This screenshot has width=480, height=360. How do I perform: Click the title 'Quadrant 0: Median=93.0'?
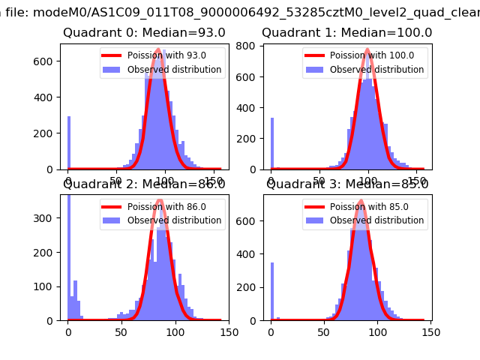click(144, 33)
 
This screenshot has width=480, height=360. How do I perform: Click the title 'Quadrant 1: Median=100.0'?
click(346, 33)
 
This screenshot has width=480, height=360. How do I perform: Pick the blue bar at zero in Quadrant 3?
click(271, 291)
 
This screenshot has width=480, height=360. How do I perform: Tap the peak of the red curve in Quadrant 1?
click(367, 49)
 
